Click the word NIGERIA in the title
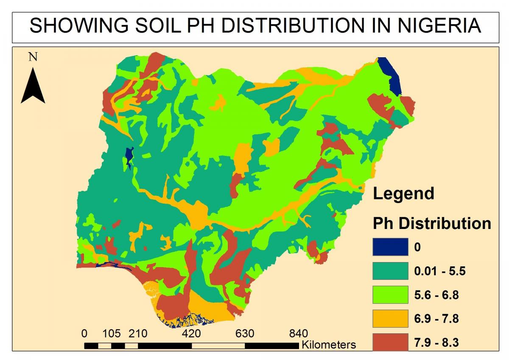pos(439,26)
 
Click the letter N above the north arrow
pos(33,57)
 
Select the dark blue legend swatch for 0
pos(390,247)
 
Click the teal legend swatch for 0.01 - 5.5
pos(390,271)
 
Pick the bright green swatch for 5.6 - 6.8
pos(390,295)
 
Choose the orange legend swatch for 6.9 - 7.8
pos(390,318)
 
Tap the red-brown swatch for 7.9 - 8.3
pos(390,342)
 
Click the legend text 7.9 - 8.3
pos(436,342)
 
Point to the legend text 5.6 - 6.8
pos(436,295)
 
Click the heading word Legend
pos(403,193)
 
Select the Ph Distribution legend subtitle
pos(431,223)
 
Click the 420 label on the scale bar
pos(191,334)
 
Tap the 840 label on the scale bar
pos(298,334)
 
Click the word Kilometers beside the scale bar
pos(329,345)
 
